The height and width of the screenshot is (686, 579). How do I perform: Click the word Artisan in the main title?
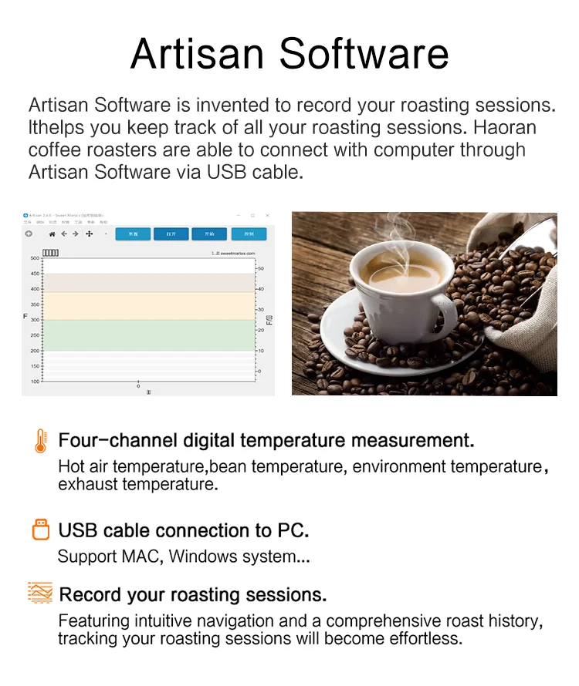pyautogui.click(x=198, y=53)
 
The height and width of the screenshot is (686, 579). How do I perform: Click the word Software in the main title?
pyautogui.click(x=364, y=53)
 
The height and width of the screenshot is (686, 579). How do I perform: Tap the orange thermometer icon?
pyautogui.click(x=40, y=441)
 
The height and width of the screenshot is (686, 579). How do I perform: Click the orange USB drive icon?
pyautogui.click(x=40, y=530)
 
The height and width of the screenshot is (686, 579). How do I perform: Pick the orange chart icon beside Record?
pyautogui.click(x=40, y=593)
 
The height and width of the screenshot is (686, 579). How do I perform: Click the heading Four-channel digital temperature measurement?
pyautogui.click(x=266, y=441)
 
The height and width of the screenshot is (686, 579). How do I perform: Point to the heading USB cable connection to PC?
pyautogui.click(x=184, y=531)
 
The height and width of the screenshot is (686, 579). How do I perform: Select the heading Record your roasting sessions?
pyautogui.click(x=192, y=595)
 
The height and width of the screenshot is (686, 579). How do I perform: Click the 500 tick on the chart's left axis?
pyautogui.click(x=35, y=258)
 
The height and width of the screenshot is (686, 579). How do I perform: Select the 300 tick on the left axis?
pyautogui.click(x=35, y=320)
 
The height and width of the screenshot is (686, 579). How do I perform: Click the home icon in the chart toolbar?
pyautogui.click(x=52, y=234)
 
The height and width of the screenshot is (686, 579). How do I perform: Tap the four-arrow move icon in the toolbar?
pyautogui.click(x=89, y=234)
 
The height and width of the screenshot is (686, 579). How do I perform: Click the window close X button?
pyautogui.click(x=267, y=215)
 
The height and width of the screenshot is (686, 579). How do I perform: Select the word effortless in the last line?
pyautogui.click(x=427, y=639)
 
